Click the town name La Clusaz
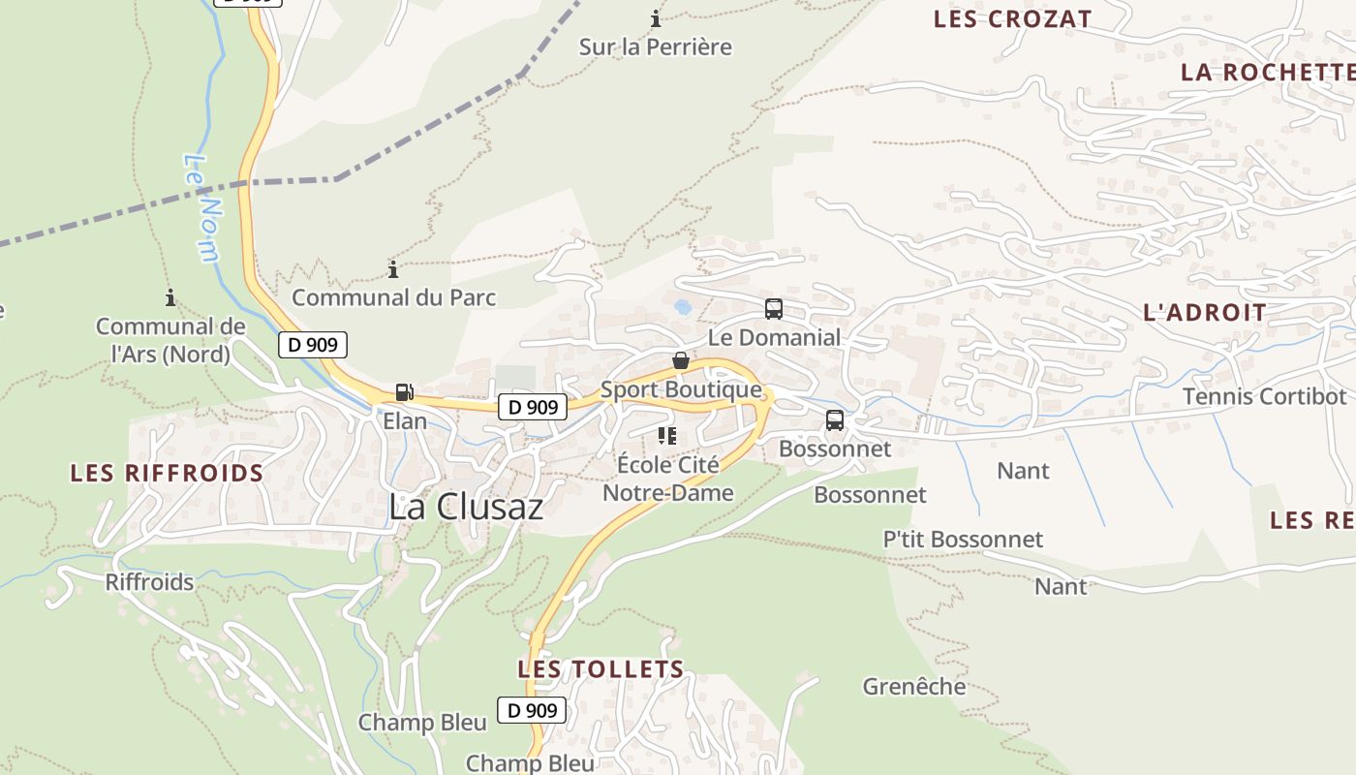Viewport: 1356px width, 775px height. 466,507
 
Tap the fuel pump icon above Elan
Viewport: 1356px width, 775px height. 404,392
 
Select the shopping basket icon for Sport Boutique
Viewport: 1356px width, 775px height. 681,361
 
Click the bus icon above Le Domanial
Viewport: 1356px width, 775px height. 773,309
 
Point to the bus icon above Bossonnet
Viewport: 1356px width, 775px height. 834,420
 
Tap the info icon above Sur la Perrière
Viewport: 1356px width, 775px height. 656,18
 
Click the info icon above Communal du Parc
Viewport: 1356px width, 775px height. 393,269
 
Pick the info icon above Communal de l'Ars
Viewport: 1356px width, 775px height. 170,297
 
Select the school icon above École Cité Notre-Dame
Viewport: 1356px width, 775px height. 667,436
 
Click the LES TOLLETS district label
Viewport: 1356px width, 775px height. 601,669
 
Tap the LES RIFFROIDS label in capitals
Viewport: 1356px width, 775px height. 167,474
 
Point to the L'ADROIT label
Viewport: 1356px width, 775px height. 1205,313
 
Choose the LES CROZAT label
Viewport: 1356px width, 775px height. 1012,19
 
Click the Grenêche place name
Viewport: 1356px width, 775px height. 914,687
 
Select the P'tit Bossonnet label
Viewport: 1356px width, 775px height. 963,540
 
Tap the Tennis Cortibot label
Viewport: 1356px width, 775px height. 1264,396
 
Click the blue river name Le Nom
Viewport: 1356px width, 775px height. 201,208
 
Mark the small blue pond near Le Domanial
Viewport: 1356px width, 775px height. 683,307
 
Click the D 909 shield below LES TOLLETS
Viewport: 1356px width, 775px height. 532,710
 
